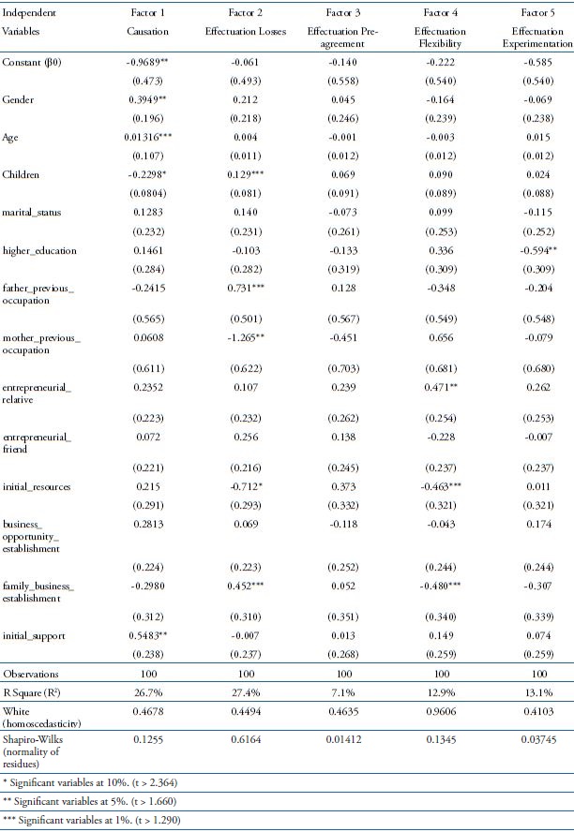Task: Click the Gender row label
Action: click(20, 124)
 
